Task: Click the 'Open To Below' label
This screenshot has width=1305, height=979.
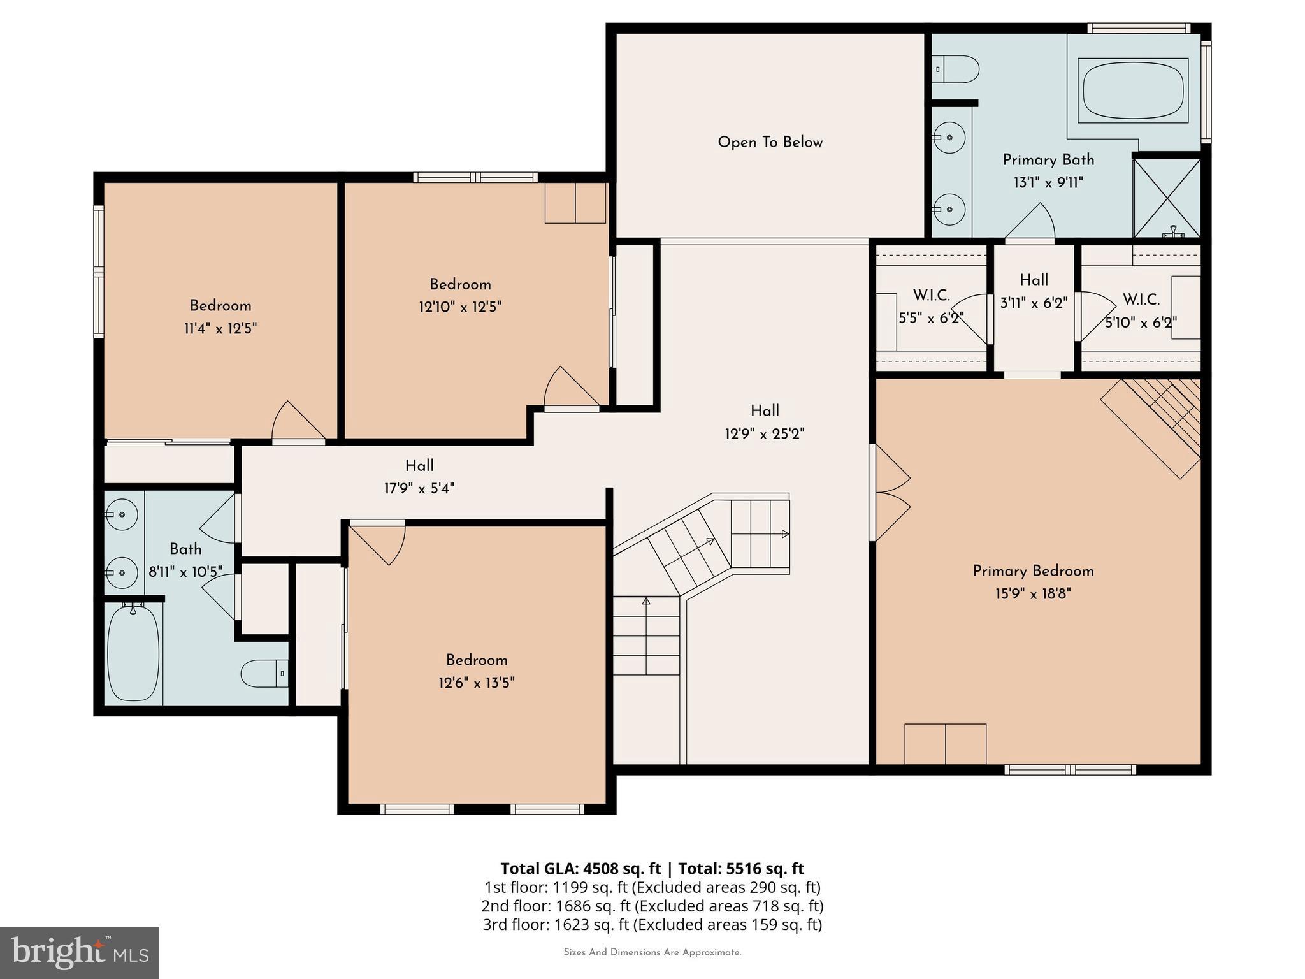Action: (770, 142)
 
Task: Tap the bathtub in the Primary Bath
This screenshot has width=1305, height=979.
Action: (1133, 90)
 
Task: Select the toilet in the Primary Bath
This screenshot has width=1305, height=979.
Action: (956, 69)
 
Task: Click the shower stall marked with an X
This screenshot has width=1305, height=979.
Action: (1167, 198)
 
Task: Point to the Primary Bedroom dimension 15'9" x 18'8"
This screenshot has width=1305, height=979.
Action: (1033, 594)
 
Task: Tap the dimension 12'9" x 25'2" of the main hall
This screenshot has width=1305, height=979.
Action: (764, 434)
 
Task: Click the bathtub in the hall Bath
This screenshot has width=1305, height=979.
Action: (133, 653)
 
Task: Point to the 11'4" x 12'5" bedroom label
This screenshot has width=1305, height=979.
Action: (220, 317)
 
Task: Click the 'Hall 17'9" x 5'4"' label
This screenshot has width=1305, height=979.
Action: (419, 477)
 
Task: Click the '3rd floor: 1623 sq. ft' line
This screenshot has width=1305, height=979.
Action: (651, 925)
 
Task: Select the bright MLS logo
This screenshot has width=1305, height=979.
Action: (80, 952)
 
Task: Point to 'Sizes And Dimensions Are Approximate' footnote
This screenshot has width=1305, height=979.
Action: (652, 952)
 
